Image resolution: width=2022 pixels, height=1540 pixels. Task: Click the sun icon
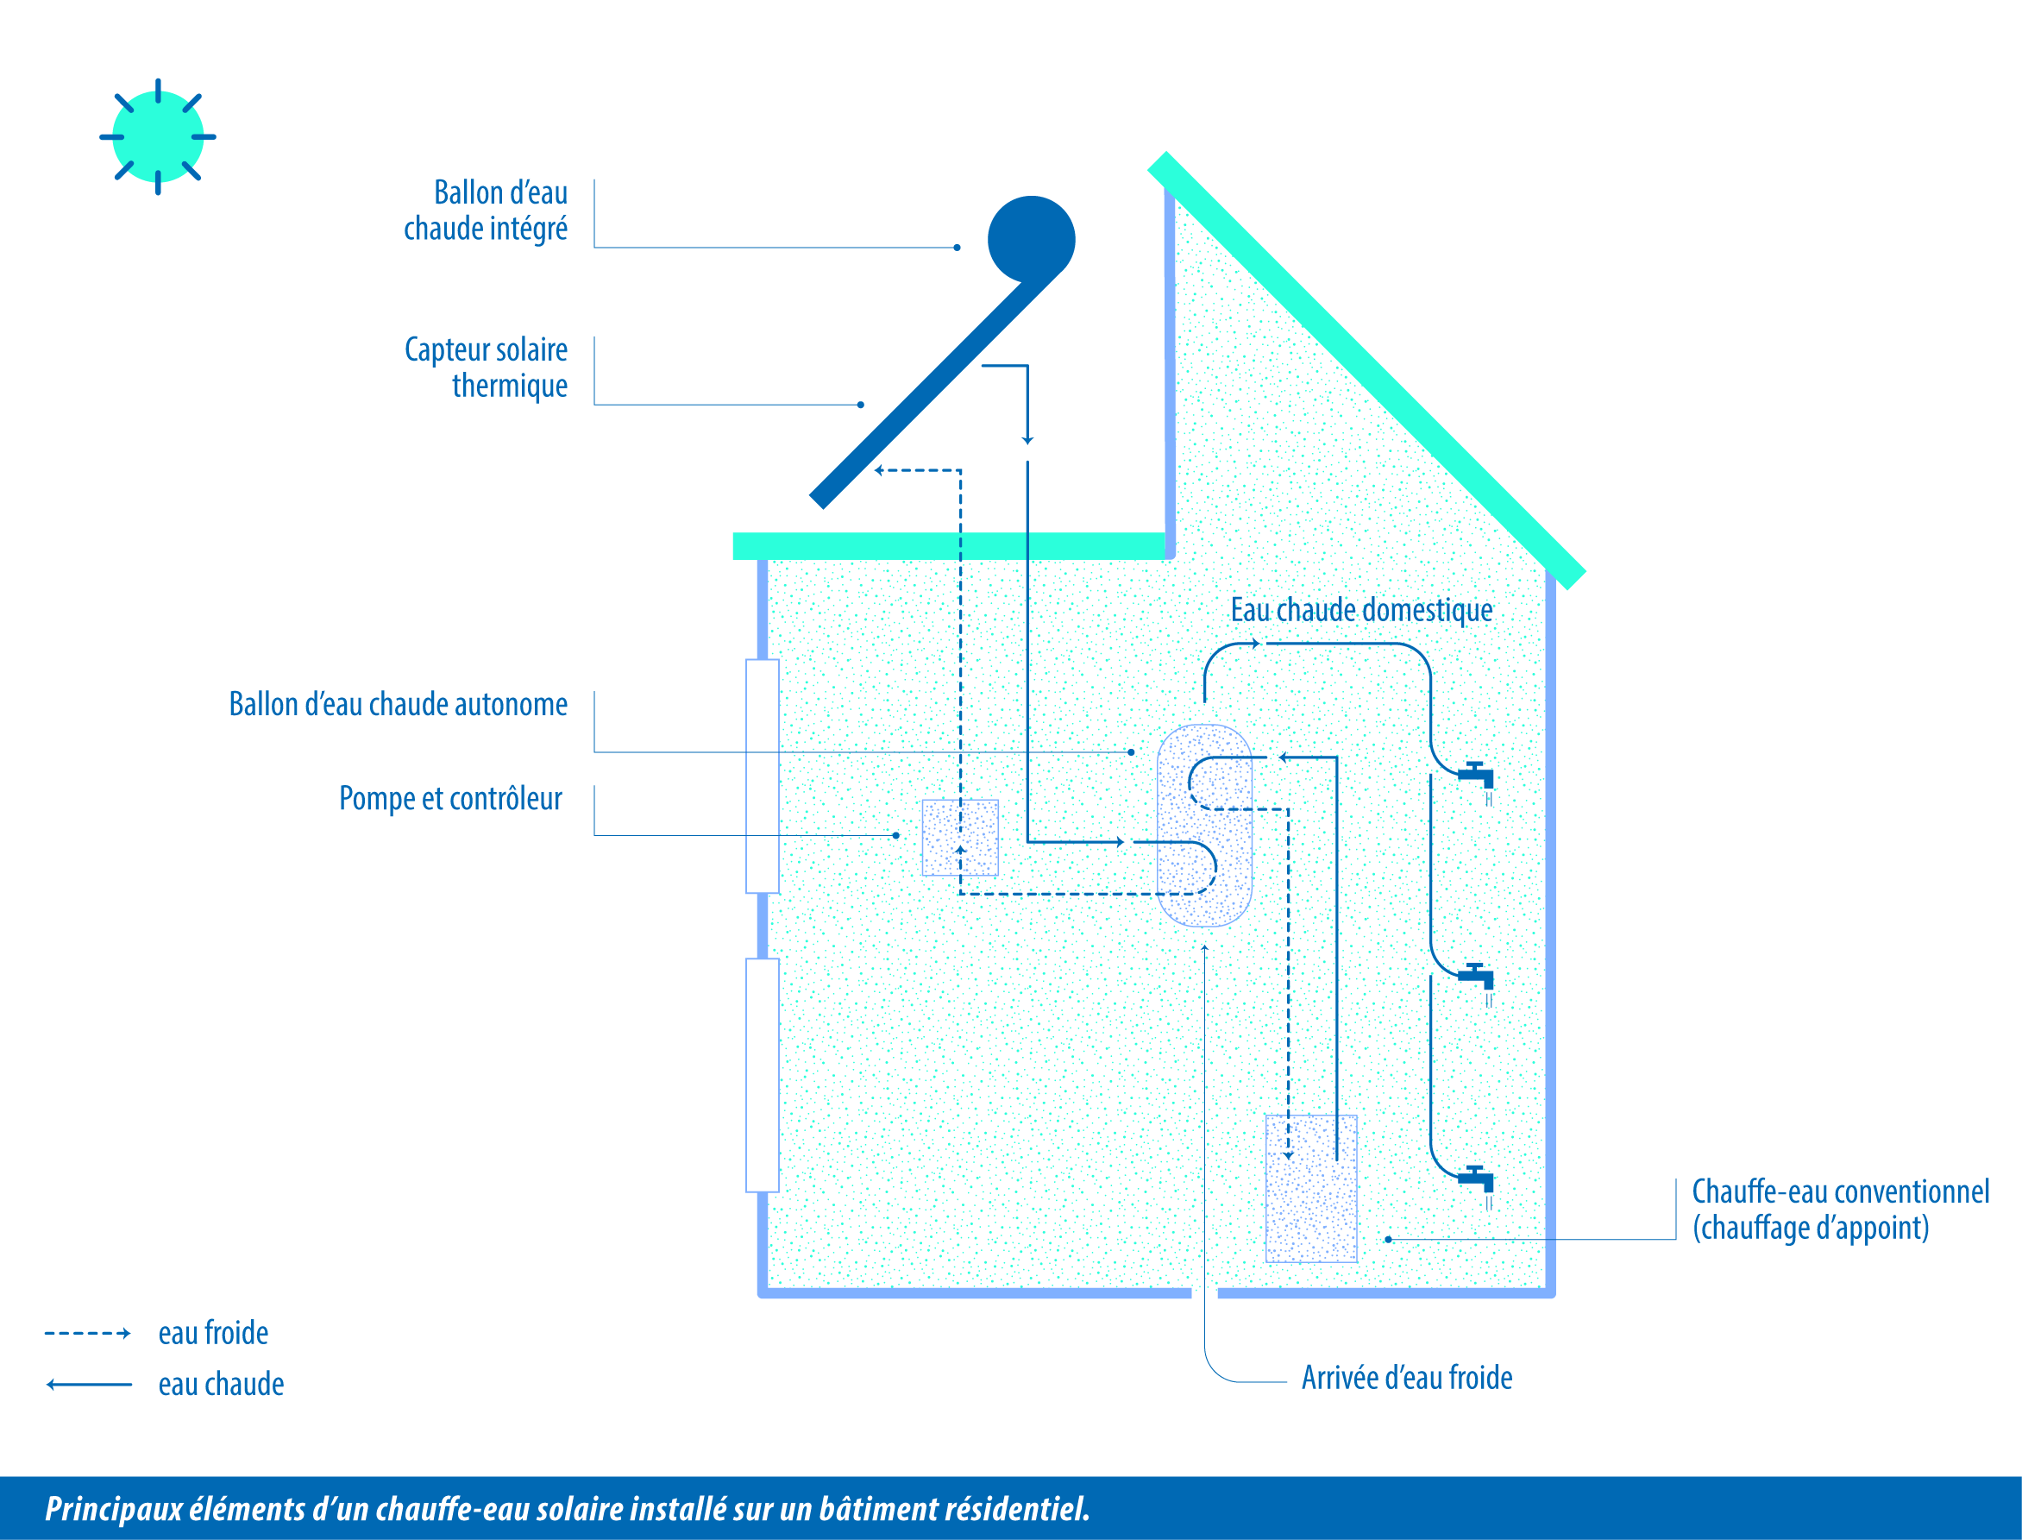point(158,136)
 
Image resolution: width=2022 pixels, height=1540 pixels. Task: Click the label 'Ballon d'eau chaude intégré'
point(486,211)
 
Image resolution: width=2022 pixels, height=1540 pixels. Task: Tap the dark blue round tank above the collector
point(1031,239)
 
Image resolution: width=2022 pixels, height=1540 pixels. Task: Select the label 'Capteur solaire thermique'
point(486,367)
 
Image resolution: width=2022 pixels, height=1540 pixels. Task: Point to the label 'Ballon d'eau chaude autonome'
point(398,704)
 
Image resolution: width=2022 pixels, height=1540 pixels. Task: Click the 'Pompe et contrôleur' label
point(450,798)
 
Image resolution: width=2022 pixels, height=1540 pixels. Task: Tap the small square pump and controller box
point(959,837)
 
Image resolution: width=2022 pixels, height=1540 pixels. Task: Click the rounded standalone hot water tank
point(1204,825)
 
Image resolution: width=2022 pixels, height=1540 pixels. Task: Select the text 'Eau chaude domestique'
point(1361,610)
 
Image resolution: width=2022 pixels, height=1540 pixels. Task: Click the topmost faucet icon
point(1477,776)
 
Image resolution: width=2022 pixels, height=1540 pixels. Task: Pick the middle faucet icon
point(1477,977)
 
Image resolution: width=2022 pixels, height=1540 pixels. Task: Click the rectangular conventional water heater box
point(1310,1188)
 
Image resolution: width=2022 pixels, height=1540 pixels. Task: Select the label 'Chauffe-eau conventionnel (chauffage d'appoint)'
point(1841,1209)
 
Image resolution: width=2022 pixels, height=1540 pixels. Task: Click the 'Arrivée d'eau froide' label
point(1407,1378)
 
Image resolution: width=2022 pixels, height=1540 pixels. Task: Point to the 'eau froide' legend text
point(214,1333)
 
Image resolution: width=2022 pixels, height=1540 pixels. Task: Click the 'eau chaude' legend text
point(221,1384)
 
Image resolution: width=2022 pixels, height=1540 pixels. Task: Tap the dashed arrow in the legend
point(88,1334)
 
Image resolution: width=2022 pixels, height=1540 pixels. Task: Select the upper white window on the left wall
point(763,776)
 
